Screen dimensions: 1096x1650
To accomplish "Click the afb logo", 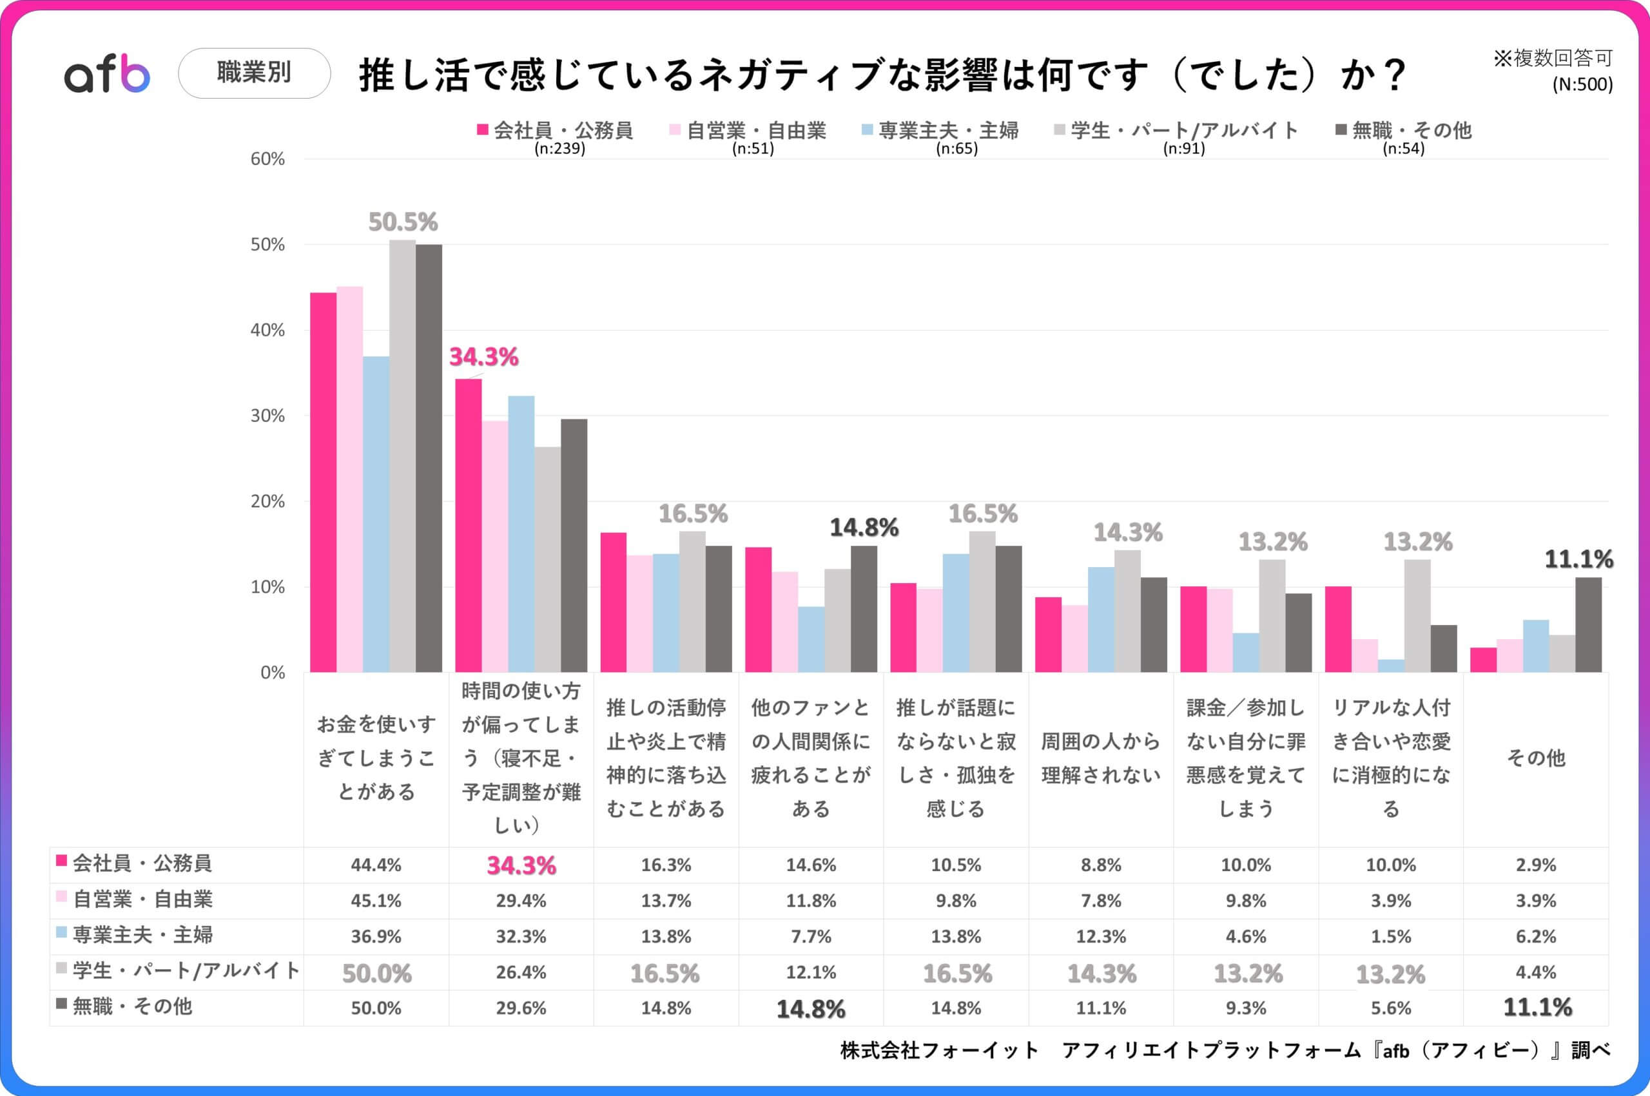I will click(x=107, y=74).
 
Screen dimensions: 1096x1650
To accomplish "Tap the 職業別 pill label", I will click(x=254, y=73).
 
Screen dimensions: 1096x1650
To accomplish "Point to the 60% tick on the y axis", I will click(x=267, y=159).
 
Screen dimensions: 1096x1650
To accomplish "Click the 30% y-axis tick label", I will click(x=267, y=416).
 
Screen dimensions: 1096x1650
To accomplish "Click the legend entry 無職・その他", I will click(x=1410, y=131).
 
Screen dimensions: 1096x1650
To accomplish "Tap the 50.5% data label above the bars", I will click(x=403, y=222).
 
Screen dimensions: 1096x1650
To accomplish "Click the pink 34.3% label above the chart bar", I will click(x=483, y=357).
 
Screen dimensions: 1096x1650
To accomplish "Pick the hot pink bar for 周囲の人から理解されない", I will click(x=1048, y=634).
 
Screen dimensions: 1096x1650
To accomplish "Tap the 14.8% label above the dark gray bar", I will click(x=864, y=528).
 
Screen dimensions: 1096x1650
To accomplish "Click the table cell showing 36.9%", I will click(x=376, y=937).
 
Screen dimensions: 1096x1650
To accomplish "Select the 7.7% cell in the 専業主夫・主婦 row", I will click(x=811, y=937).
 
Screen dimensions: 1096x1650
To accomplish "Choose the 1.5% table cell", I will click(x=1391, y=937).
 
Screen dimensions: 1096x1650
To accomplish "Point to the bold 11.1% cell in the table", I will click(x=1537, y=1007).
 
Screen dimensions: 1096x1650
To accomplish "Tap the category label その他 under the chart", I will click(x=1535, y=758).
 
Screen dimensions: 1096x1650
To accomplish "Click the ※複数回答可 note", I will click(x=1552, y=59).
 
